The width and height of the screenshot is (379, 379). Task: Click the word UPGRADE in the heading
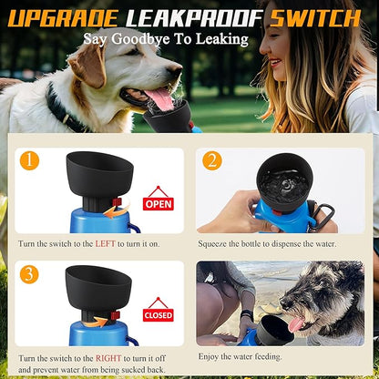63,18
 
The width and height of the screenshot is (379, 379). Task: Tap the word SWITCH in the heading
315,18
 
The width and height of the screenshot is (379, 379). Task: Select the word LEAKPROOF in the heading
194,18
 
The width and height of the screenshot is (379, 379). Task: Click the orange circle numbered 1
29,160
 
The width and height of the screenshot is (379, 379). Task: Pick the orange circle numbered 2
212,160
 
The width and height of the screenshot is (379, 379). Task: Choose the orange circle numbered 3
29,274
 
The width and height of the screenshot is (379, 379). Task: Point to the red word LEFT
105,243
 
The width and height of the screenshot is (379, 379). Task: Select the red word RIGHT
108,358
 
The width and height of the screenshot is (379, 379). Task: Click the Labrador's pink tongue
160,98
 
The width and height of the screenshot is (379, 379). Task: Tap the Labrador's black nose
175,71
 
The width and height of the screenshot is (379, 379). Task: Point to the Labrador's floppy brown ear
87,64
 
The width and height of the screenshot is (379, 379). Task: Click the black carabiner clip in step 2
324,216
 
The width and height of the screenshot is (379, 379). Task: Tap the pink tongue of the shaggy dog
295,323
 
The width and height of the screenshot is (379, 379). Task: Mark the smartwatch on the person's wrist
247,314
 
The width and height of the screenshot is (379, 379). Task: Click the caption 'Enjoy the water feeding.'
240,356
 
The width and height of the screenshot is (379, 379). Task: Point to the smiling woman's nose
264,46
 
